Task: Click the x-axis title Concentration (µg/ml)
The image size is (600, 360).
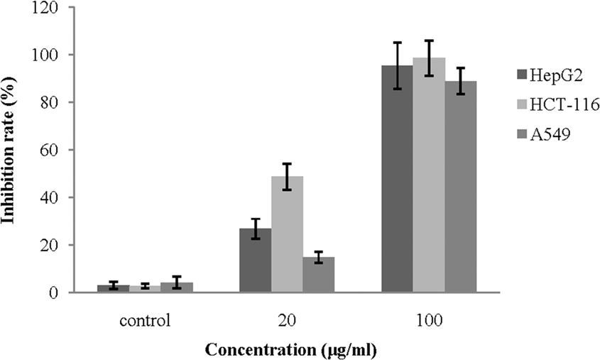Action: pyautogui.click(x=291, y=349)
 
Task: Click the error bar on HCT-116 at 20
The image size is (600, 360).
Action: pyautogui.click(x=287, y=177)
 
